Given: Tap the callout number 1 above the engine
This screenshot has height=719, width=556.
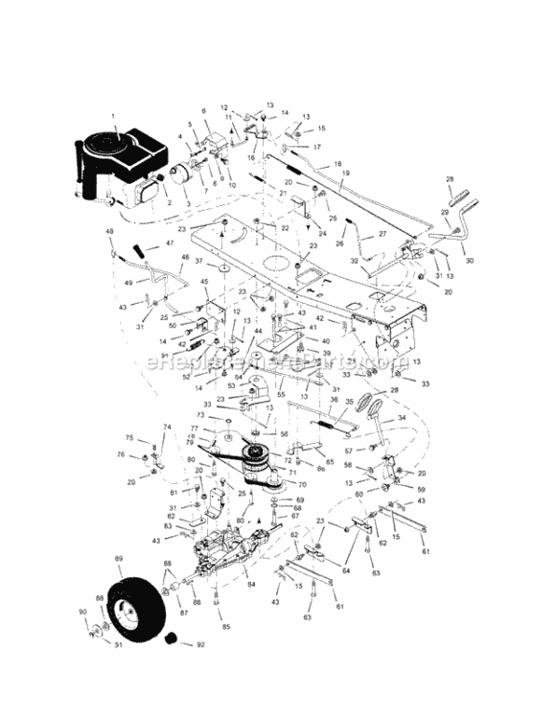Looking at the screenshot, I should [113, 117].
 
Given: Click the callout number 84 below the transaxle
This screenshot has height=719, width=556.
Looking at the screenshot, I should [252, 584].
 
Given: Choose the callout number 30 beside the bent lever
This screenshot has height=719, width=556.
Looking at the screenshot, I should [469, 259].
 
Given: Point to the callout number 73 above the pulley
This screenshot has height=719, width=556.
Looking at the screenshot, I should [201, 416].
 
